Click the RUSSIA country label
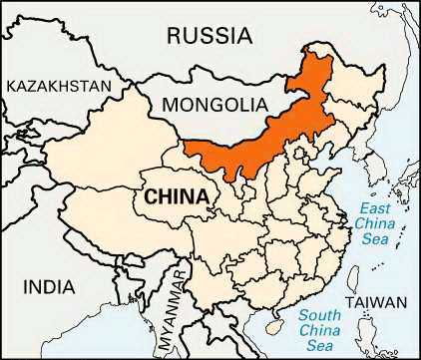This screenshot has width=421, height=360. pyautogui.click(x=209, y=36)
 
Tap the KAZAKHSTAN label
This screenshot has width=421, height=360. pyautogui.click(x=59, y=87)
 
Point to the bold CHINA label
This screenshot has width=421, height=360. pyautogui.click(x=177, y=196)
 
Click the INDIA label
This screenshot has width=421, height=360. pyautogui.click(x=49, y=287)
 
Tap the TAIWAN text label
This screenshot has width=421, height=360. pyautogui.click(x=376, y=302)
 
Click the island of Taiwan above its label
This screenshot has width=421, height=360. pyautogui.click(x=368, y=277)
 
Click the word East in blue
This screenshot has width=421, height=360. pyautogui.click(x=375, y=207)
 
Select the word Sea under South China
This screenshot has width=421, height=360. pyautogui.click(x=320, y=346)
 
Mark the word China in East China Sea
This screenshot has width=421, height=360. pyautogui.click(x=375, y=223)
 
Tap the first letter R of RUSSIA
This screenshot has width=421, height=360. pyautogui.click(x=174, y=36)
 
